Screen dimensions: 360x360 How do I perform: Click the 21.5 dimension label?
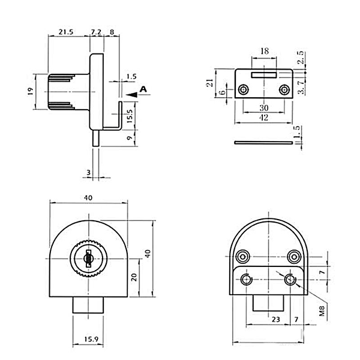click(66, 32)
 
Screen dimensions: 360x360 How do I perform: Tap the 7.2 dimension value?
click(96, 32)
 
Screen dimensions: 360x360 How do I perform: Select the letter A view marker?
click(143, 89)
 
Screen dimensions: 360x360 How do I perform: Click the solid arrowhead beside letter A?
click(132, 95)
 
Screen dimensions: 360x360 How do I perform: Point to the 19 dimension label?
click(31, 91)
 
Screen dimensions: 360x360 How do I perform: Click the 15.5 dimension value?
click(130, 116)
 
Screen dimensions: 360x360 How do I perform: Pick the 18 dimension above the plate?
click(265, 51)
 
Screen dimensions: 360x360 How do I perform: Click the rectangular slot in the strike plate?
click(263, 75)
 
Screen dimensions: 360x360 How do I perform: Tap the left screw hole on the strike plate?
click(244, 89)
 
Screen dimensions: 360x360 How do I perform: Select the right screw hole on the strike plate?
click(284, 89)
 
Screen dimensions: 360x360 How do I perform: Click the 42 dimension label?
click(263, 118)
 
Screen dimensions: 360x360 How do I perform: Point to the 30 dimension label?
click(264, 107)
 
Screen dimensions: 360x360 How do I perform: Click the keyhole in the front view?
click(88, 259)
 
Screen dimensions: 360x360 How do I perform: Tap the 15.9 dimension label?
click(91, 339)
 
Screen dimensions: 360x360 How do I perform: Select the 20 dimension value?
click(134, 277)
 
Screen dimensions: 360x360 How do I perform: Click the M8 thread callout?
click(322, 311)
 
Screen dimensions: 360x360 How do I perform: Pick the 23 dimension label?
click(276, 319)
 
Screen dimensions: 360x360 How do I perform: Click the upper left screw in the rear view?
click(243, 256)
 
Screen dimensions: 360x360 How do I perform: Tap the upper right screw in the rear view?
click(295, 256)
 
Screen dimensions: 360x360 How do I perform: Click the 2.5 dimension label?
click(301, 58)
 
